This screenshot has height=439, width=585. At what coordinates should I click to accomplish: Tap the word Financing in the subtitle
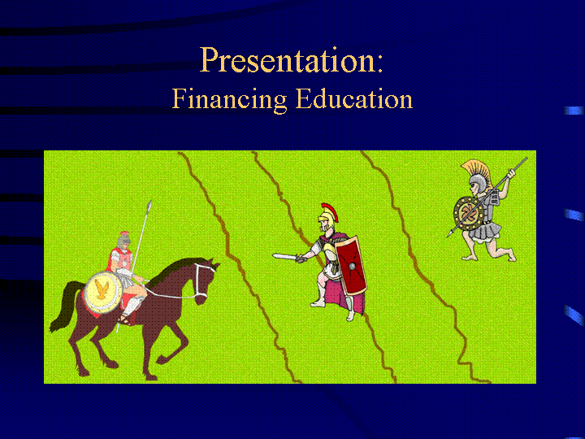pos(229,99)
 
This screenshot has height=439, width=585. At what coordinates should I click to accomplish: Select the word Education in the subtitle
pos(354,98)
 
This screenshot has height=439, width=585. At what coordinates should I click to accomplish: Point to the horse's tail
pos(64,306)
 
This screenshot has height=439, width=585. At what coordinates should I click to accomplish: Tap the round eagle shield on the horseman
pos(103,292)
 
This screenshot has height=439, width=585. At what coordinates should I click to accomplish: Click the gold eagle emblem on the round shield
pos(102,289)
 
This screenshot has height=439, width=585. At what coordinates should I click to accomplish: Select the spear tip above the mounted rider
pos(149,206)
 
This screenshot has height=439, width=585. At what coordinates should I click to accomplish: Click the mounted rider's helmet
pos(123,239)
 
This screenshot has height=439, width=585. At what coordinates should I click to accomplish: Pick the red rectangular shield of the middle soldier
pos(351,265)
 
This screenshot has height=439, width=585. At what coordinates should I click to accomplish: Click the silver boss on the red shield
pos(352,266)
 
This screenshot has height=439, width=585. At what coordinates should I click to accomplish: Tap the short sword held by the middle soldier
pos(288,257)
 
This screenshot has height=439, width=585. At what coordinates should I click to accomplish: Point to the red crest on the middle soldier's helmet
pos(331,211)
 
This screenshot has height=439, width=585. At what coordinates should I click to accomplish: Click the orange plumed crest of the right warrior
pos(479,171)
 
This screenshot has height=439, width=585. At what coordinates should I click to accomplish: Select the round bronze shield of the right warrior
pos(468,214)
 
